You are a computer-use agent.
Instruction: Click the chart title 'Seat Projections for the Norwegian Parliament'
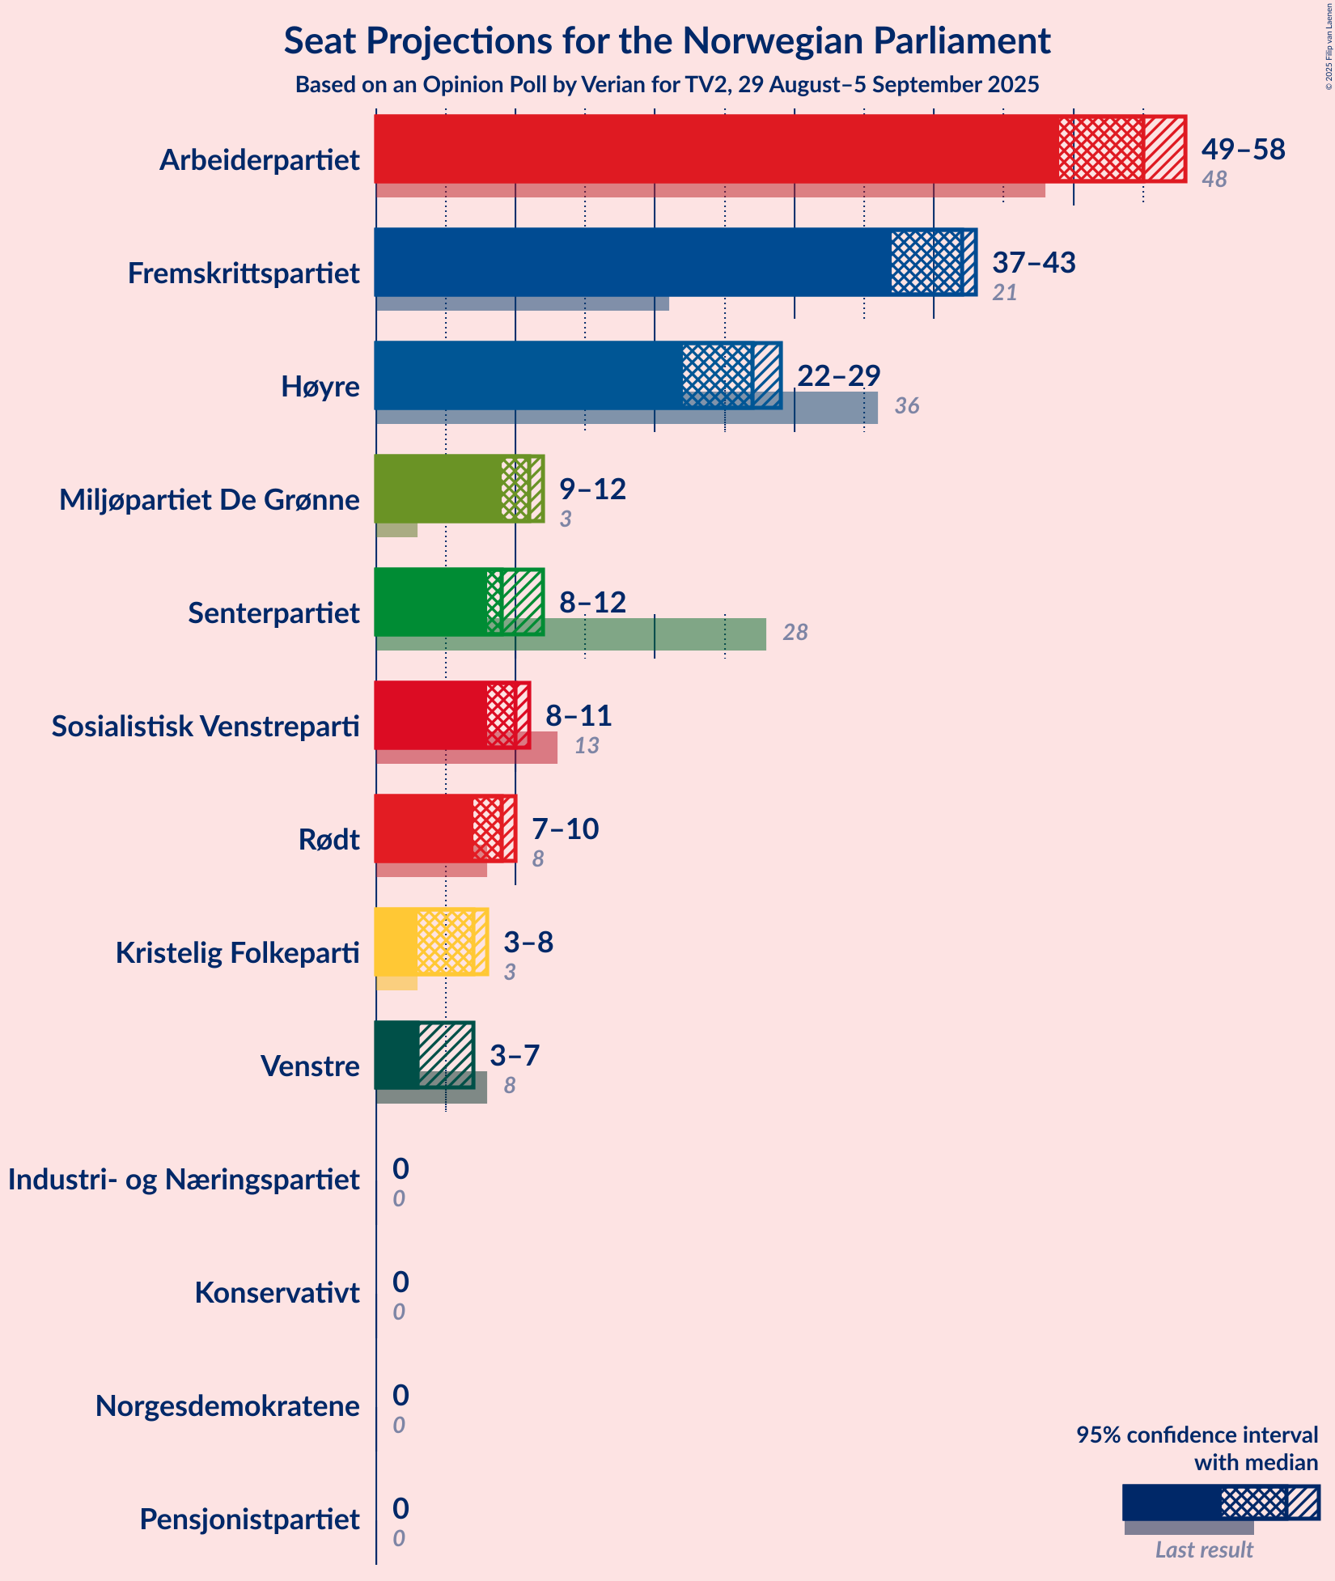pyautogui.click(x=667, y=41)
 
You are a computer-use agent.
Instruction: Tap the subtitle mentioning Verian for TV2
pyautogui.click(x=667, y=85)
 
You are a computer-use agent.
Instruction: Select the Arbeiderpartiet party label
pyautogui.click(x=259, y=160)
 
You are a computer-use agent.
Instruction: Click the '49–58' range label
pyautogui.click(x=1243, y=149)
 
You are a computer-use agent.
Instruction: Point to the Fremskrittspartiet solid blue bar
pyautogui.click(x=631, y=262)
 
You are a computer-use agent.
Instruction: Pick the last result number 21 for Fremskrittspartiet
pyautogui.click(x=1004, y=293)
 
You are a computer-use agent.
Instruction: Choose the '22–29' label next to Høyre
pyautogui.click(x=838, y=375)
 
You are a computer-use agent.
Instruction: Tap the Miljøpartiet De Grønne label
pyautogui.click(x=209, y=500)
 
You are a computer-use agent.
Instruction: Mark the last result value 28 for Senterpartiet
pyautogui.click(x=795, y=633)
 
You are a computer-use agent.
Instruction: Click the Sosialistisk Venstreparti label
pyautogui.click(x=206, y=727)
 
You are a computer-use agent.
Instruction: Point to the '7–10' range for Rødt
pyautogui.click(x=565, y=829)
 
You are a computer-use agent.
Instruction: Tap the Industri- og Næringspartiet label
pyautogui.click(x=184, y=1180)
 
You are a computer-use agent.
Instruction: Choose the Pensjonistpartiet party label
pyautogui.click(x=249, y=1520)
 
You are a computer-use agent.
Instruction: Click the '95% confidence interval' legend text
pyautogui.click(x=1197, y=1435)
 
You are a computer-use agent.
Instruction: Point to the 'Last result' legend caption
pyautogui.click(x=1203, y=1549)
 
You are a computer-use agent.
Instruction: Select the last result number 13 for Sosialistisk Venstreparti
pyautogui.click(x=587, y=746)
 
